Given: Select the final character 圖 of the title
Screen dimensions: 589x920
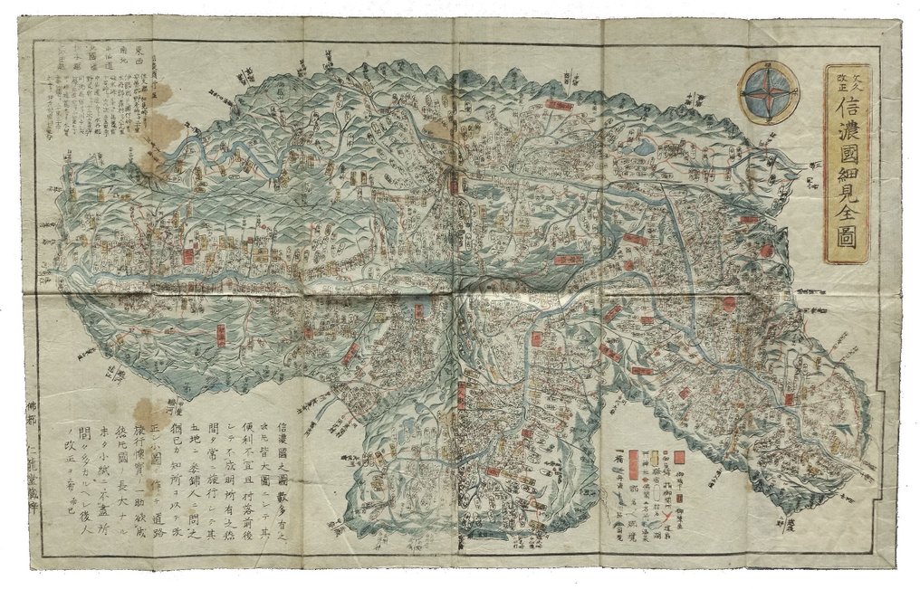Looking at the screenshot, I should point(847,237).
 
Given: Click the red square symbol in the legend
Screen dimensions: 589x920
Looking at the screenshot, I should point(679,457).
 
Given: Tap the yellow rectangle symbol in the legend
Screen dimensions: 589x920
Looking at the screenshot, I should point(655,458).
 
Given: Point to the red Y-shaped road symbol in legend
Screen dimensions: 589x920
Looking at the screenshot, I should point(667,516).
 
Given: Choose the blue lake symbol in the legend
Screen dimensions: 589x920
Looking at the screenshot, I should point(656,525).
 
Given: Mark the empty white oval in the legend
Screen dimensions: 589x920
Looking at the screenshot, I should point(656,492).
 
